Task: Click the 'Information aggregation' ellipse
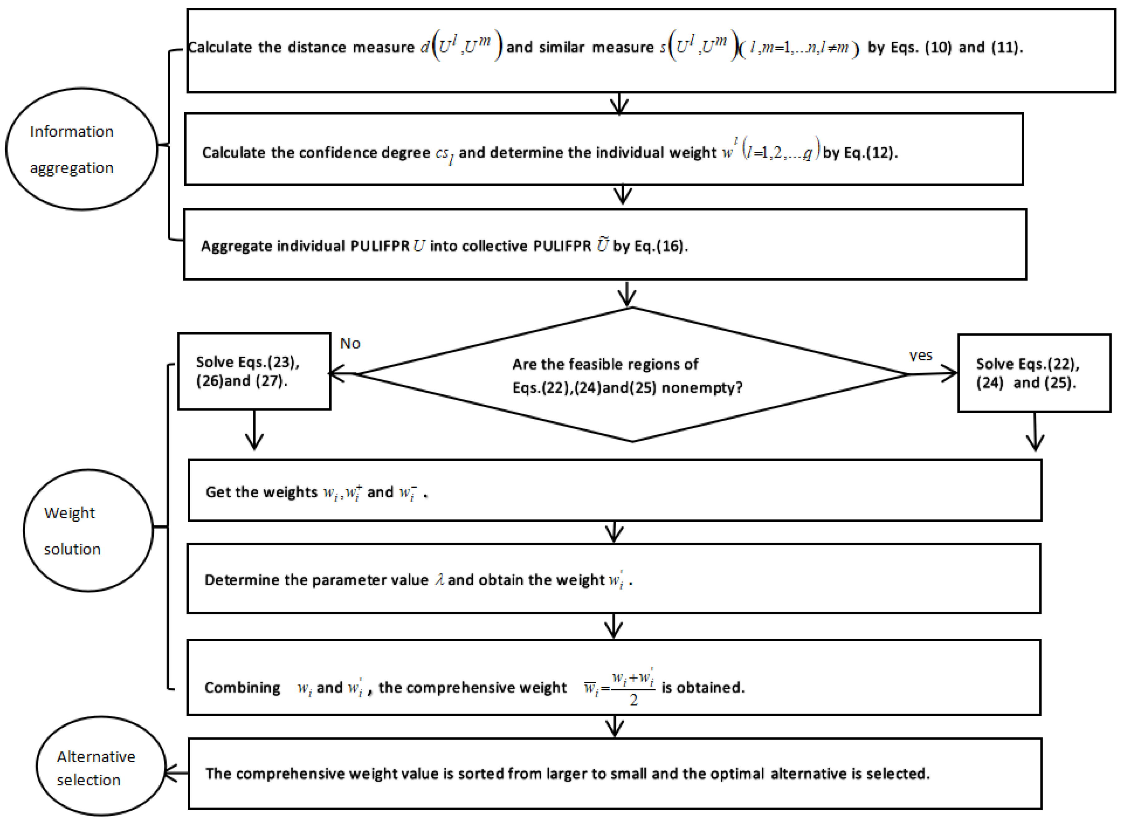pyautogui.click(x=82, y=149)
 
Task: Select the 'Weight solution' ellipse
pyautogui.click(x=88, y=530)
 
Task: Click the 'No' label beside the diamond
pyautogui.click(x=350, y=344)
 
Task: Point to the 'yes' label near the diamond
pyautogui.click(x=920, y=356)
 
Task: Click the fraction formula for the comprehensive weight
pyautogui.click(x=620, y=688)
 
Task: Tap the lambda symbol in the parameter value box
pyautogui.click(x=439, y=579)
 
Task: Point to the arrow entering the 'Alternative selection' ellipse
pyautogui.click(x=176, y=773)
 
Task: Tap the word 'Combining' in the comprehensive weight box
pyautogui.click(x=243, y=688)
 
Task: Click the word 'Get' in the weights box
pyautogui.click(x=218, y=492)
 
